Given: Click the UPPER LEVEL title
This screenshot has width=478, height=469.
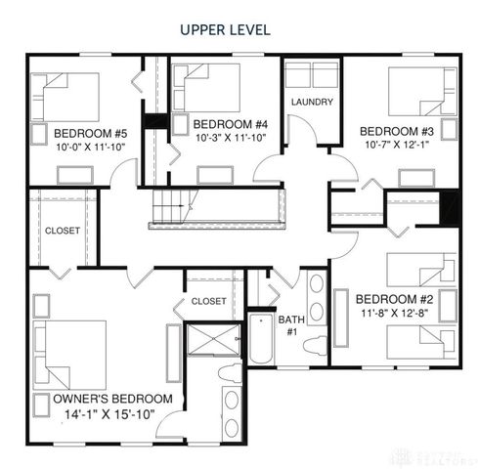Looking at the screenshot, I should (x=224, y=29).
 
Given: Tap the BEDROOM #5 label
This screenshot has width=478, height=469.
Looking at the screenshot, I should (x=91, y=133).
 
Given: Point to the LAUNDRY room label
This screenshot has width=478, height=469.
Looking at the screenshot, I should (x=312, y=102).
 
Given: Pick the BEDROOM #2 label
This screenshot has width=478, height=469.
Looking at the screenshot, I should (x=393, y=298).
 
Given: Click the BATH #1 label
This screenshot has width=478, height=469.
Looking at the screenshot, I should (x=291, y=325).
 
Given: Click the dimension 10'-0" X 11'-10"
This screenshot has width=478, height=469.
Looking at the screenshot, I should (x=91, y=148).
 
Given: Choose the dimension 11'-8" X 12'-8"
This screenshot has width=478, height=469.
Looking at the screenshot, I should (x=393, y=314).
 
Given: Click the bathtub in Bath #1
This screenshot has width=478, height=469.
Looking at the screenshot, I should (x=261, y=338).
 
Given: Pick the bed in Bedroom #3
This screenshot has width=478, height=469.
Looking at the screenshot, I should (x=421, y=93).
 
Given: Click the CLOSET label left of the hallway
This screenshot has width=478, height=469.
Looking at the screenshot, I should (x=63, y=232).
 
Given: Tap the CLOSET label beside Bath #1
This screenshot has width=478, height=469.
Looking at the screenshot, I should (x=208, y=301).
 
